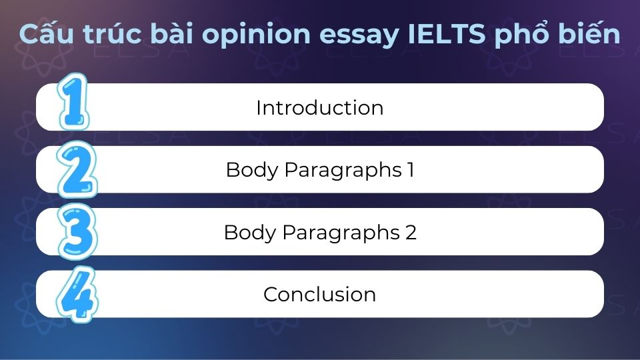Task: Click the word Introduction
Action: coord(319,108)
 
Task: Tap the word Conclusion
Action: coord(319,294)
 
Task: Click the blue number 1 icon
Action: coord(73,104)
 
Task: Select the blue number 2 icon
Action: coord(75,167)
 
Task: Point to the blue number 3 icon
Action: coord(75,231)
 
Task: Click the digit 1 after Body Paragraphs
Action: coord(409,170)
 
